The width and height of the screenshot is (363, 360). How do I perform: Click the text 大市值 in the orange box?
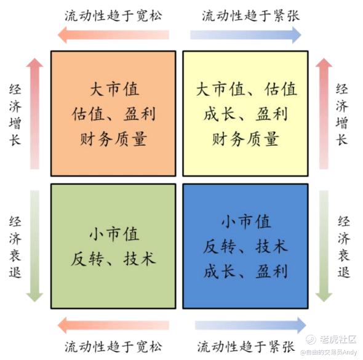[x=114, y=90]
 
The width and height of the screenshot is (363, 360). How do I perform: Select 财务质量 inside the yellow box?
[x=245, y=139]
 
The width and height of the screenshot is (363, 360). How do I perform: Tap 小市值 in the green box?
[x=114, y=234]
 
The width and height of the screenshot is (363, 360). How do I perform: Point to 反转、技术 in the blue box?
[x=245, y=246]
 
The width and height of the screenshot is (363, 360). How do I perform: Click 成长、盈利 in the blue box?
[x=245, y=271]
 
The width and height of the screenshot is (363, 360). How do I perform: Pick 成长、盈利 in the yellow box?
[x=245, y=114]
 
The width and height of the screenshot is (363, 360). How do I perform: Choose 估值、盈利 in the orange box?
[x=113, y=114]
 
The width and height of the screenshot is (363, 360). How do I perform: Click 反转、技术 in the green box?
[x=113, y=258]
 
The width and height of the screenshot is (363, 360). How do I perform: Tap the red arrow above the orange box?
[x=113, y=35]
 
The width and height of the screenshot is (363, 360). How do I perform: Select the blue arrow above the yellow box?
[x=245, y=35]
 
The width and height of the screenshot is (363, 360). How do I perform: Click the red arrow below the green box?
[x=113, y=326]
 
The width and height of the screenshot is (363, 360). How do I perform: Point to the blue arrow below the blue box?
[x=250, y=326]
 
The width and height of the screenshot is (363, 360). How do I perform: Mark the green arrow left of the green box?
[x=34, y=246]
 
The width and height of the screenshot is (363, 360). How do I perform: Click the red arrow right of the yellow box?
[x=324, y=113]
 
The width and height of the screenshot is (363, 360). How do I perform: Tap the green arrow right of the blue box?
[x=324, y=246]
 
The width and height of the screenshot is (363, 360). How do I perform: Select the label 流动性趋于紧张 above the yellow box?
[x=251, y=16]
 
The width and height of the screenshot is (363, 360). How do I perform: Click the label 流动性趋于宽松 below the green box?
[x=113, y=346]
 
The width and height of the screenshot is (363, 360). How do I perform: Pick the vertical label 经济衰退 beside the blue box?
[x=343, y=247]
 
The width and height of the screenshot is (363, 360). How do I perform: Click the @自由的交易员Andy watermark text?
[x=329, y=353]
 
